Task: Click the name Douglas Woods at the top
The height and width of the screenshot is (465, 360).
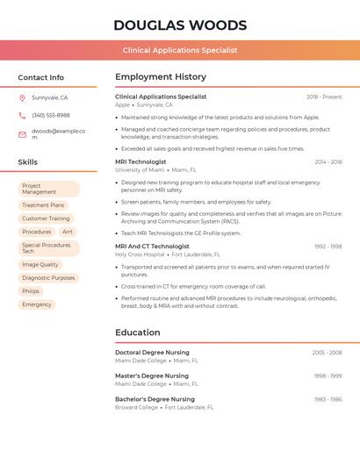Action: tap(180, 25)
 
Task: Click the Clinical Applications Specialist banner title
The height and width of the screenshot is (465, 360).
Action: tap(180, 51)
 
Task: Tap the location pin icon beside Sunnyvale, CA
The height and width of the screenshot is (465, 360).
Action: tap(22, 98)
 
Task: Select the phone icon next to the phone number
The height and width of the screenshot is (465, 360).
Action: tap(22, 115)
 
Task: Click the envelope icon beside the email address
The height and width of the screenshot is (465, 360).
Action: tap(22, 134)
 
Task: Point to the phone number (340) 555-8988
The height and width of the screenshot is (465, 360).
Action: tap(51, 115)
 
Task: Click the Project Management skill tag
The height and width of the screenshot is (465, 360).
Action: tap(49, 189)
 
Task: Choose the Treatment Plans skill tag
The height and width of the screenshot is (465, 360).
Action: tap(43, 205)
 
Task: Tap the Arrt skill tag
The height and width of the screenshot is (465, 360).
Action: tap(68, 232)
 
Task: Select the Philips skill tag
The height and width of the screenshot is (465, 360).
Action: tap(31, 291)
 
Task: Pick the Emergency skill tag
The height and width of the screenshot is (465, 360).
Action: tap(37, 304)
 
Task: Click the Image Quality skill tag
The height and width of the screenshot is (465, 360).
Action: tap(40, 264)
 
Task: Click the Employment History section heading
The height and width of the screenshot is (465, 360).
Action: tap(161, 77)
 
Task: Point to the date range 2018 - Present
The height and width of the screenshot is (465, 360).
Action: tap(324, 97)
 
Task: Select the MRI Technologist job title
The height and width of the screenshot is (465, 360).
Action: tap(140, 161)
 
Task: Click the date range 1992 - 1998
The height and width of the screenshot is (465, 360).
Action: tap(328, 247)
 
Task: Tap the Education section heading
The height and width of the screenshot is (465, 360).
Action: tap(138, 333)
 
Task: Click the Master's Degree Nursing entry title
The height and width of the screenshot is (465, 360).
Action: tap(152, 376)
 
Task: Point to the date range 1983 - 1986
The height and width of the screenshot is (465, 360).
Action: tap(328, 399)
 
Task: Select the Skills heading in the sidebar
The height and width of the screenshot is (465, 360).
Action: tap(28, 162)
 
